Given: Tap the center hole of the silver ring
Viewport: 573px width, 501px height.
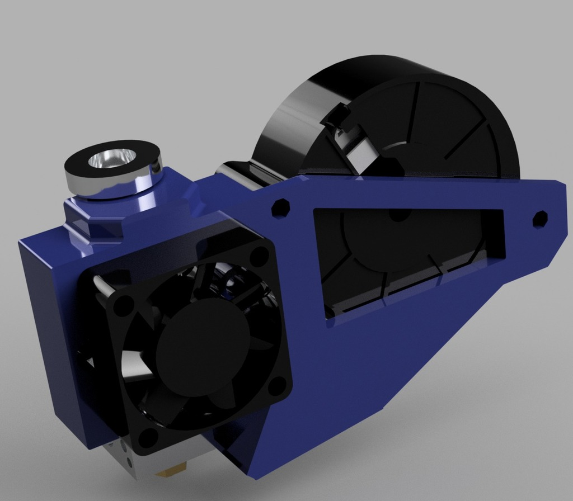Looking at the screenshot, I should pos(112,158).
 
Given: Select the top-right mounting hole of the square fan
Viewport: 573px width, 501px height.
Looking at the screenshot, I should pos(259,257).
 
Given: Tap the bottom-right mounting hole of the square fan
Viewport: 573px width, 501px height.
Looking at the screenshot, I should pos(277,385).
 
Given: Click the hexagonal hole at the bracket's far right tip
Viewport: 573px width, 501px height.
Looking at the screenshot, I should pos(540,219).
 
